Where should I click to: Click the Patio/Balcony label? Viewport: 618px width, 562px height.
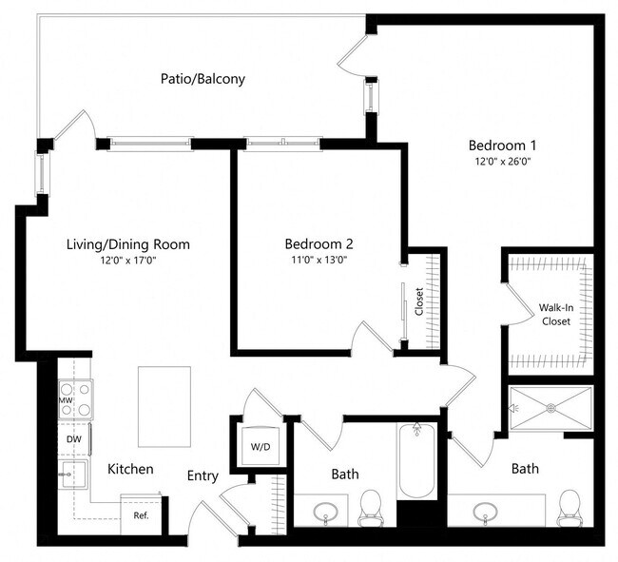[x=203, y=79]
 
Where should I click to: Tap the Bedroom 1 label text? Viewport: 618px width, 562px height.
[x=503, y=145]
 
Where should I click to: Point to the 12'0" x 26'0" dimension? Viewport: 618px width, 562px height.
[x=503, y=162]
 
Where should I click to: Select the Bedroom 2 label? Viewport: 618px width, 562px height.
[x=319, y=243]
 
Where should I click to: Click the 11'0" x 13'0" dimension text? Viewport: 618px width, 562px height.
[x=319, y=260]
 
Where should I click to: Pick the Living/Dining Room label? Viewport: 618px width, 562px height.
[x=128, y=244]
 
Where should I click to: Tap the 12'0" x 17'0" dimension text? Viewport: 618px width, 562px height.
[x=128, y=261]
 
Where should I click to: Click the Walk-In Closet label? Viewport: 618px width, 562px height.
[x=556, y=315]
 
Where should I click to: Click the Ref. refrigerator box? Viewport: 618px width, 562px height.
[x=141, y=516]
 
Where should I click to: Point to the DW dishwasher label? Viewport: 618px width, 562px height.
[x=73, y=439]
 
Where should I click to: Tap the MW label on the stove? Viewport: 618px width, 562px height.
[x=67, y=400]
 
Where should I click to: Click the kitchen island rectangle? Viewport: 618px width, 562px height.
[x=164, y=406]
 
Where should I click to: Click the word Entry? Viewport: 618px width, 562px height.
[x=203, y=475]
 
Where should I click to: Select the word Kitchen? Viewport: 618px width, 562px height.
[x=130, y=469]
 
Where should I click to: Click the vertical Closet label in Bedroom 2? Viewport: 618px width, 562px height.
[x=419, y=302]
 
